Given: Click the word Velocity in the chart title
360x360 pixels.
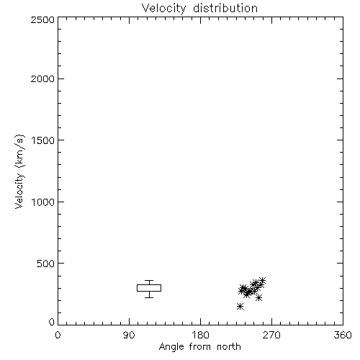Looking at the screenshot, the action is pyautogui.click(x=164, y=9).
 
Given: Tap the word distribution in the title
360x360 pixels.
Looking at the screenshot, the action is pyautogui.click(x=225, y=8).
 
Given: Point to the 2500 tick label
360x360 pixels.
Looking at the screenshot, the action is pyautogui.click(x=43, y=19).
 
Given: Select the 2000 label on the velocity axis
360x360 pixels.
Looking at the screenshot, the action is pyautogui.click(x=43, y=78).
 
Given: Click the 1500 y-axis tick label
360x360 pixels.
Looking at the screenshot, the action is pyautogui.click(x=43, y=140).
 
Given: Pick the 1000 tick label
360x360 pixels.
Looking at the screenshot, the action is pyautogui.click(x=43, y=202).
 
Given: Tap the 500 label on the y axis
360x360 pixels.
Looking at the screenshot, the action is pyautogui.click(x=46, y=264).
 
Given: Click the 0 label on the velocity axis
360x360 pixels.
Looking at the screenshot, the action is pyautogui.click(x=52, y=322).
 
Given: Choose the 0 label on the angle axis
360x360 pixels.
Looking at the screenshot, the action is pyautogui.click(x=58, y=335).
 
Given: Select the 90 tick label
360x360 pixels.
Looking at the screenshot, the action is pyautogui.click(x=129, y=335).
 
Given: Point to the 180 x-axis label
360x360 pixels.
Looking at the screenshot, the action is pyautogui.click(x=200, y=335).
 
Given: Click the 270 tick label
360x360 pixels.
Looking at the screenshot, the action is pyautogui.click(x=271, y=335).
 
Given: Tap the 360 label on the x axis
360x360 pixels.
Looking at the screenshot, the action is pyautogui.click(x=343, y=335).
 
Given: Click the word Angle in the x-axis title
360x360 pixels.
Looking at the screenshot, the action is pyautogui.click(x=171, y=347).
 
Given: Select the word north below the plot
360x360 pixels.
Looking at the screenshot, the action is pyautogui.click(x=229, y=346).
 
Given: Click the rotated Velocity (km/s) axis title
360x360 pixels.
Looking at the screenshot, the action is pyautogui.click(x=19, y=171).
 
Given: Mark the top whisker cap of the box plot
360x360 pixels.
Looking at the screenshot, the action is pyautogui.click(x=149, y=280).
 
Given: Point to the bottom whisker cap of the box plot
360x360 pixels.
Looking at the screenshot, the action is pyautogui.click(x=149, y=297).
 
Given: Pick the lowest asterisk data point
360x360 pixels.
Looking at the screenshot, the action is pyautogui.click(x=240, y=306).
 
